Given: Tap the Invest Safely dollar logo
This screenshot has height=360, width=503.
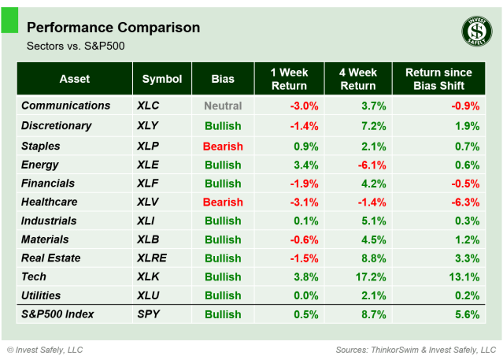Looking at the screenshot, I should (475, 32).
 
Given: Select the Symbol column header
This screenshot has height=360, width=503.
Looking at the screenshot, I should (162, 79).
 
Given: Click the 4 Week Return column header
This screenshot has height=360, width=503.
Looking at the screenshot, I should (357, 79).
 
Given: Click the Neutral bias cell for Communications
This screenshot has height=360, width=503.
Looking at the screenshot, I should (223, 106).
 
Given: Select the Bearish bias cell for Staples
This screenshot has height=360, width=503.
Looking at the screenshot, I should (223, 147).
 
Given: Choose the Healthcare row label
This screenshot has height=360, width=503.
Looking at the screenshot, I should (50, 202).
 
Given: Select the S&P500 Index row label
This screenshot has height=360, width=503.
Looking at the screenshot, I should (57, 314).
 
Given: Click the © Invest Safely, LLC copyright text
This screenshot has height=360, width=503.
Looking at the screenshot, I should (45, 349).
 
